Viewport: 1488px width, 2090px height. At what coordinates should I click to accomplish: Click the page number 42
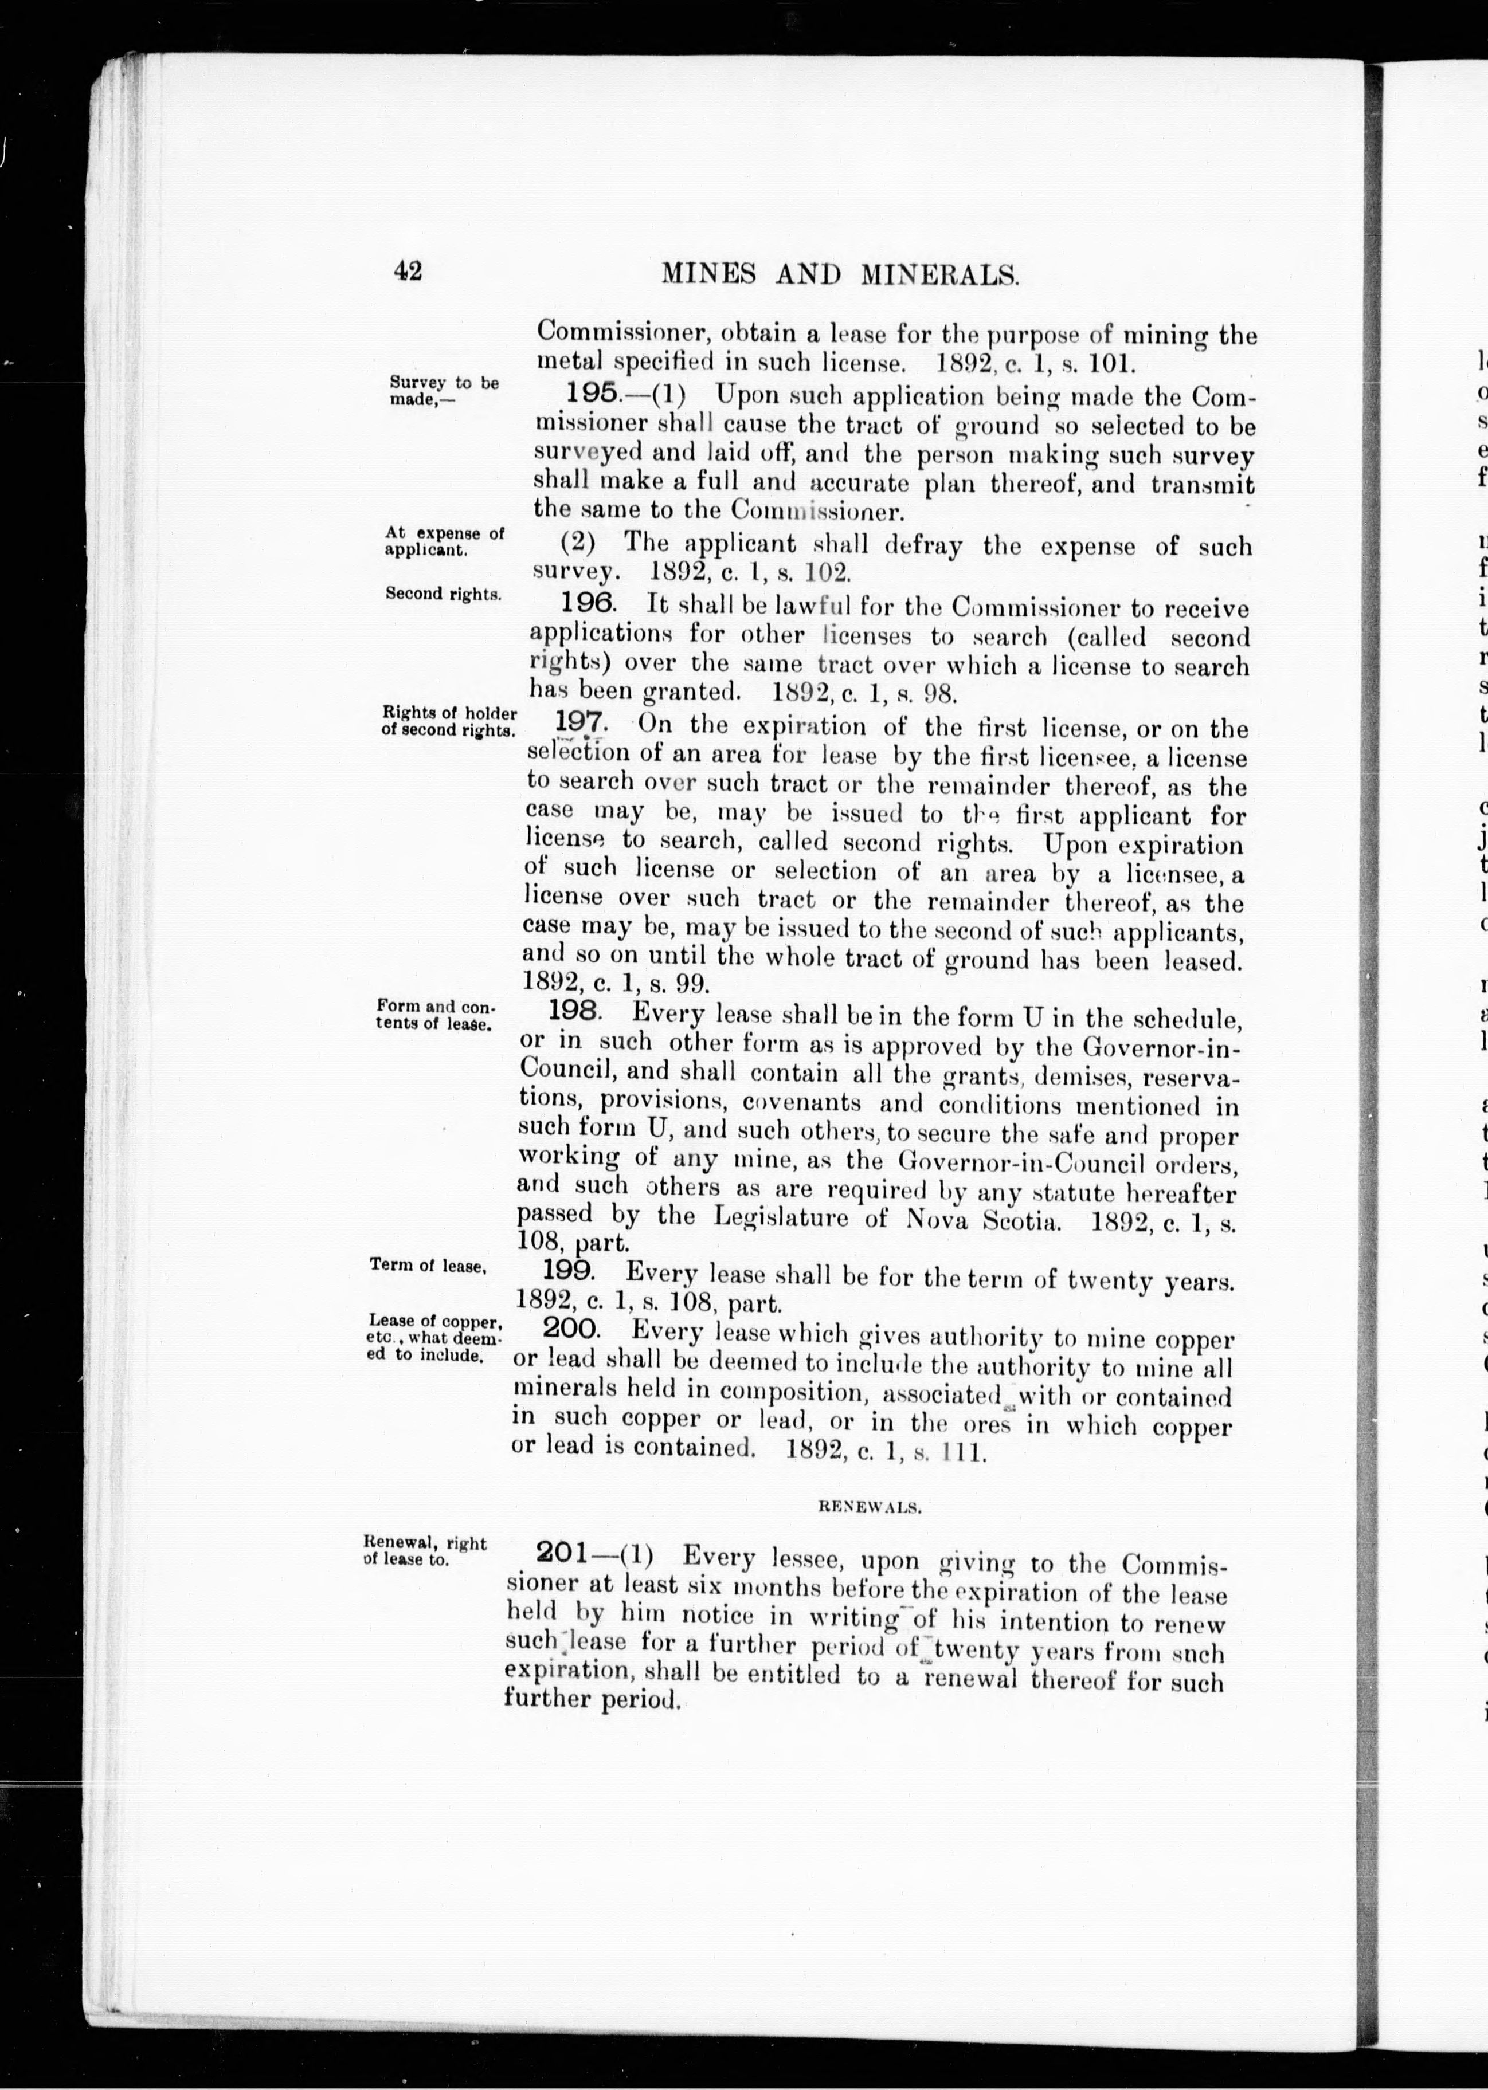point(408,271)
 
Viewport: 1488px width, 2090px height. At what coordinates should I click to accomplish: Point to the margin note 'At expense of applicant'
point(444,541)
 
